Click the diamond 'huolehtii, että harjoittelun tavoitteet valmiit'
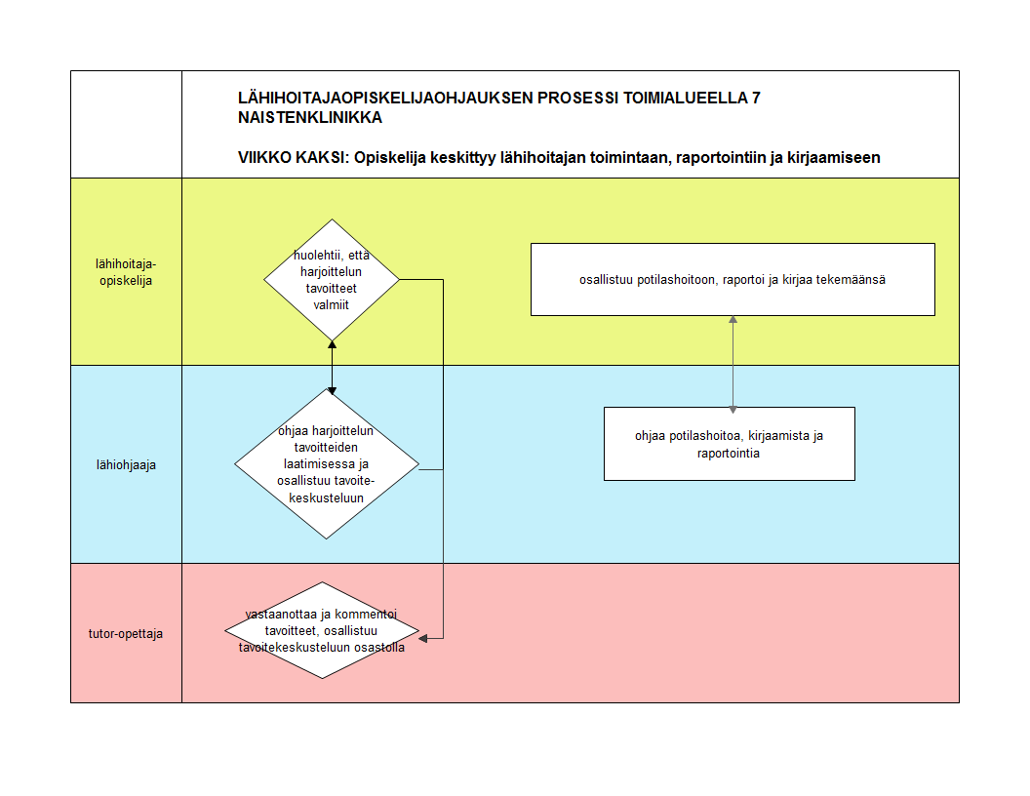(332, 280)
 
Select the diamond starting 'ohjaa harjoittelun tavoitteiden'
(327, 464)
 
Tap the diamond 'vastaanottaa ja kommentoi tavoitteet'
(322, 631)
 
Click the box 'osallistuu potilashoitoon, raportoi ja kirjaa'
(733, 280)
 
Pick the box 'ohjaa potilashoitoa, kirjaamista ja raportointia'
(729, 444)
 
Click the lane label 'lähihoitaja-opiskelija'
(126, 272)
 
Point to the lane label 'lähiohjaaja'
(126, 464)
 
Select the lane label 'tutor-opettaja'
(126, 633)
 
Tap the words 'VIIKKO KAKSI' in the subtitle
(289, 158)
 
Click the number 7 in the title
(756, 99)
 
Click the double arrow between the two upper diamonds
(332, 367)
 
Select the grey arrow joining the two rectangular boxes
(733, 361)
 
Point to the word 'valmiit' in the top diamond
(332, 304)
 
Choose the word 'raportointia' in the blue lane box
(729, 454)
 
